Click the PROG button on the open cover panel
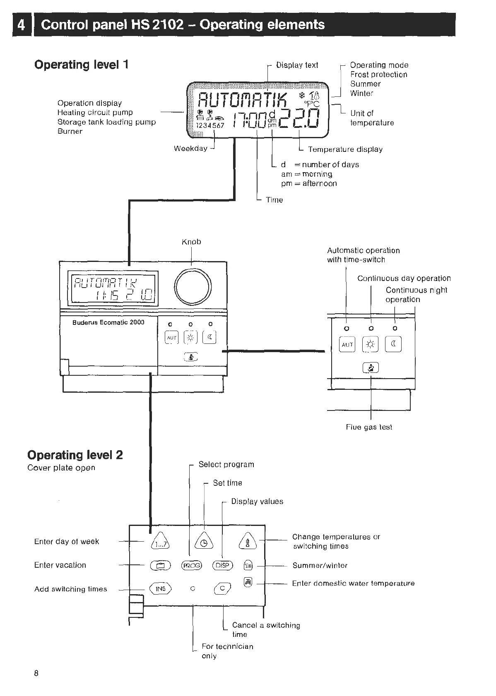192,565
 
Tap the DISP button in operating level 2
223,565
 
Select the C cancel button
222,588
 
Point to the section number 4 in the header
22,25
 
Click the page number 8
36,673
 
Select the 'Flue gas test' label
369,427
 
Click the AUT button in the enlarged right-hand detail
347,344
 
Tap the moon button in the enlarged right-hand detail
394,344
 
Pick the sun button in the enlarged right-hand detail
371,344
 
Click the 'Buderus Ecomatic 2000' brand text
108,322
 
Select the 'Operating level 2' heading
75,455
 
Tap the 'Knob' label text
191,242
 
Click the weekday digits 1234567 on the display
210,125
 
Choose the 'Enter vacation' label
60,565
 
